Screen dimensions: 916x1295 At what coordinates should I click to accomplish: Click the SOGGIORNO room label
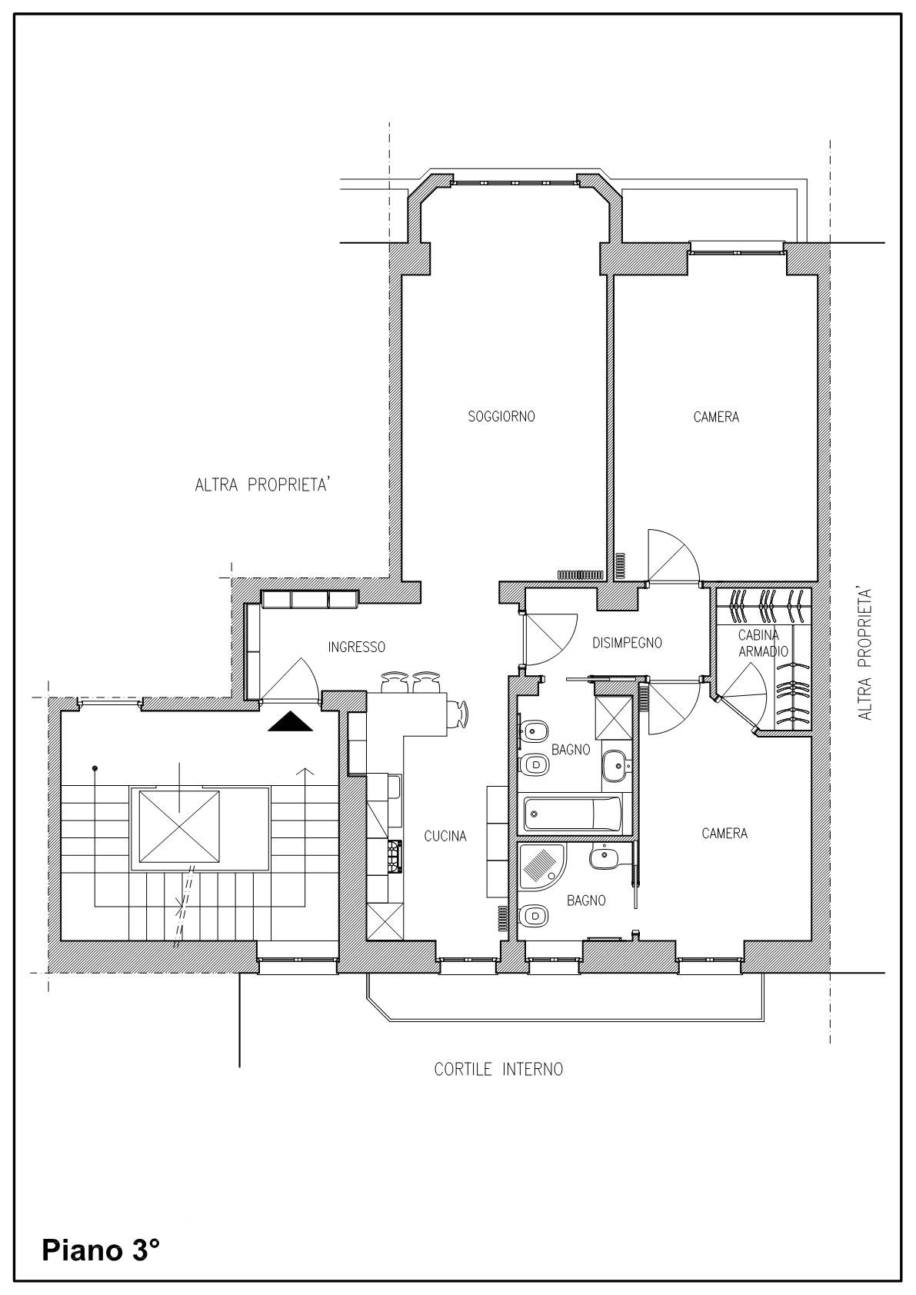pos(501,416)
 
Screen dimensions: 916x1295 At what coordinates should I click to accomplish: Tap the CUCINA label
pos(445,836)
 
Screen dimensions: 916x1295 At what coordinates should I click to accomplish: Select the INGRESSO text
pos(356,647)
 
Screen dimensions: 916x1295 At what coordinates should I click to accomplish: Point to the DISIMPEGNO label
pos(627,642)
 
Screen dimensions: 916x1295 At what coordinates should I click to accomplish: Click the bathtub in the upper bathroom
pos(572,813)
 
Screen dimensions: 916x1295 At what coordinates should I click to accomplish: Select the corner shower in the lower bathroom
pos(540,865)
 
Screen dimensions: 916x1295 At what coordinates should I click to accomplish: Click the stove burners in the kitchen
pos(395,856)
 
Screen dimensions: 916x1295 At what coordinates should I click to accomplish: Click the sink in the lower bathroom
pos(605,858)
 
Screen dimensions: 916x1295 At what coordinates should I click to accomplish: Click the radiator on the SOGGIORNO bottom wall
pos(580,574)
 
